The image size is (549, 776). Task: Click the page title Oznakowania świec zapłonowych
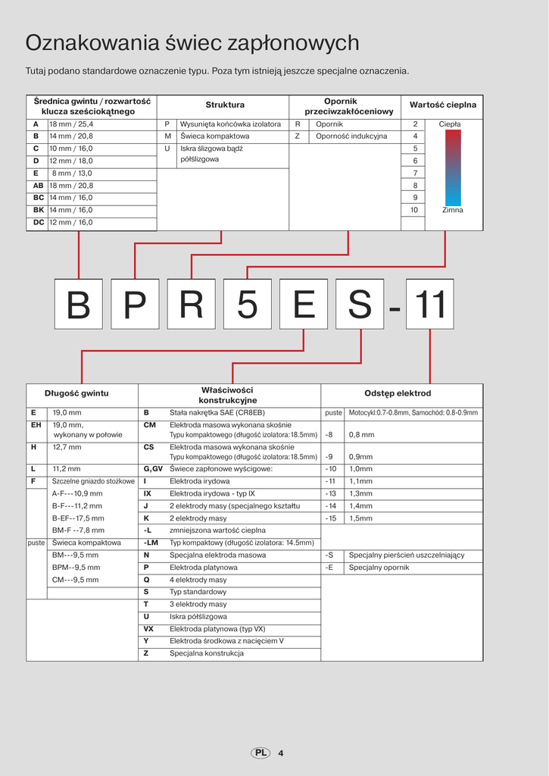click(192, 43)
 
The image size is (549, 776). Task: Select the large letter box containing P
click(135, 305)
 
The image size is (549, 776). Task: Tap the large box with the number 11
click(430, 305)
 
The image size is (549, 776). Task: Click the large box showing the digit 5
click(247, 305)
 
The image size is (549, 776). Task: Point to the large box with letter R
click(191, 305)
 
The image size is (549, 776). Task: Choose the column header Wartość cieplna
click(443, 105)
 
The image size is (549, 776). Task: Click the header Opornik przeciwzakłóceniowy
click(348, 106)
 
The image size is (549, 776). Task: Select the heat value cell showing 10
click(414, 210)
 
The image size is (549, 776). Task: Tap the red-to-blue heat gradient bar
click(453, 167)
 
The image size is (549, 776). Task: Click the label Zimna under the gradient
click(453, 210)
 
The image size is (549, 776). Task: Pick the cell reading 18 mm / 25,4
click(71, 124)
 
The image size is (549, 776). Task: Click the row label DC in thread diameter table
click(39, 223)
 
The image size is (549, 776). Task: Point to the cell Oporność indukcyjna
click(351, 136)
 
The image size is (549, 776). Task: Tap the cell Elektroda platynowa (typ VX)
click(217, 629)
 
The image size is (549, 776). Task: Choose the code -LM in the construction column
click(151, 543)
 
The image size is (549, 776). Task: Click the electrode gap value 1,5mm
click(361, 518)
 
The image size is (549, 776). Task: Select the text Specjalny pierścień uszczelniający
click(407, 555)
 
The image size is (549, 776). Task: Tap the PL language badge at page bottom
click(260, 753)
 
